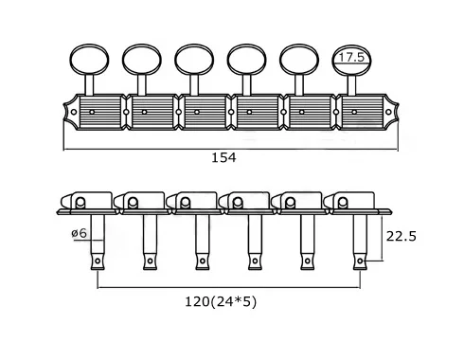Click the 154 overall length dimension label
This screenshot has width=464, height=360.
click(223, 157)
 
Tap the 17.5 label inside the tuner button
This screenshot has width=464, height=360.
click(351, 58)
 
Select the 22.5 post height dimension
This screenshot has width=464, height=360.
click(402, 236)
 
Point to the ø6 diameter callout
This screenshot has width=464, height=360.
click(79, 233)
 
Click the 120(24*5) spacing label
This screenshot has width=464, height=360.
click(221, 302)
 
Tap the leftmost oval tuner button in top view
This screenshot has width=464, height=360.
click(89, 60)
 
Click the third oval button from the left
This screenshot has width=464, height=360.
click(194, 60)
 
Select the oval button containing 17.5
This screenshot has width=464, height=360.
click(351, 60)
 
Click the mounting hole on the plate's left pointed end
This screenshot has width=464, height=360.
click(74, 112)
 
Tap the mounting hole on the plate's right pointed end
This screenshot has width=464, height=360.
click(388, 112)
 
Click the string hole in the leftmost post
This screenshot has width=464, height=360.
click(98, 261)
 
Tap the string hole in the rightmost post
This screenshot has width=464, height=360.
click(360, 261)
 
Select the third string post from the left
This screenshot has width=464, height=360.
click(203, 243)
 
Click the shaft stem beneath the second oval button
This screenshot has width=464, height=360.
click(142, 84)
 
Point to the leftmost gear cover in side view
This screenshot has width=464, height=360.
click(86, 201)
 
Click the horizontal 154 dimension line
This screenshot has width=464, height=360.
click(231, 149)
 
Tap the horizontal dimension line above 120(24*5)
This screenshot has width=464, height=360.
click(229, 287)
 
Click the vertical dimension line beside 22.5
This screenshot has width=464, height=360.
click(382, 237)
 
